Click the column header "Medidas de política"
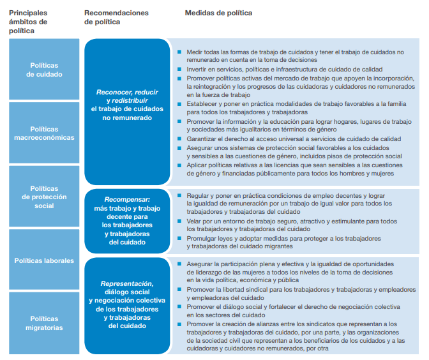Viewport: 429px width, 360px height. pyautogui.click(x=218, y=13)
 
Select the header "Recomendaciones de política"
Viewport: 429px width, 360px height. pyautogui.click(x=116, y=17)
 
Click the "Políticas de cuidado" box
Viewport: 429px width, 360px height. pyautogui.click(x=44, y=70)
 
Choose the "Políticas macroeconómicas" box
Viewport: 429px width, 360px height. pyautogui.click(x=44, y=133)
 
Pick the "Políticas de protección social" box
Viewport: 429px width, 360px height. pyautogui.click(x=44, y=197)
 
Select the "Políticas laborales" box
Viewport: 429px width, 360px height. pyautogui.click(x=44, y=260)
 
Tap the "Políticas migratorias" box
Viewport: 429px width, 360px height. pyautogui.click(x=44, y=323)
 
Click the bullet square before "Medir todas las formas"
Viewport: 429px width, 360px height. pyautogui.click(x=181, y=51)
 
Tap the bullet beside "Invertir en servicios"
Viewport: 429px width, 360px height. pyautogui.click(x=181, y=69)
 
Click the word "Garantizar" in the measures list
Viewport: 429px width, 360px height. pyautogui.click(x=203, y=139)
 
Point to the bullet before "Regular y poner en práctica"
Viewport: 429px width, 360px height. pyautogui.click(x=181, y=195)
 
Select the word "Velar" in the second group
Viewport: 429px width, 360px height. pyautogui.click(x=195, y=220)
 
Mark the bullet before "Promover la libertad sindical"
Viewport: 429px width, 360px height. pyautogui.click(x=181, y=289)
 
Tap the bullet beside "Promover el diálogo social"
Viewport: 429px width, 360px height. pyautogui.click(x=181, y=307)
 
